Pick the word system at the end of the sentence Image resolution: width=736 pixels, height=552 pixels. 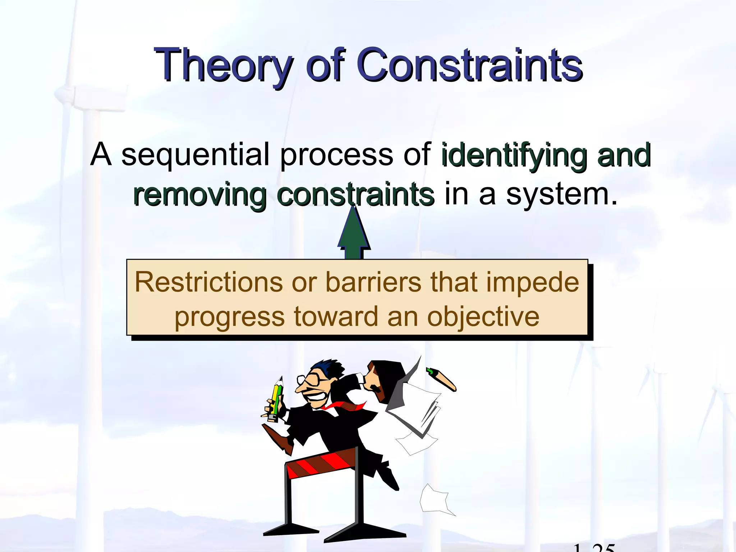pyautogui.click(x=561, y=195)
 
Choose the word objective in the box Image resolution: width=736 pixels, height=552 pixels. pyautogui.click(x=483, y=317)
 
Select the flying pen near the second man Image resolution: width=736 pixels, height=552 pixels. pyautogui.click(x=441, y=379)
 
